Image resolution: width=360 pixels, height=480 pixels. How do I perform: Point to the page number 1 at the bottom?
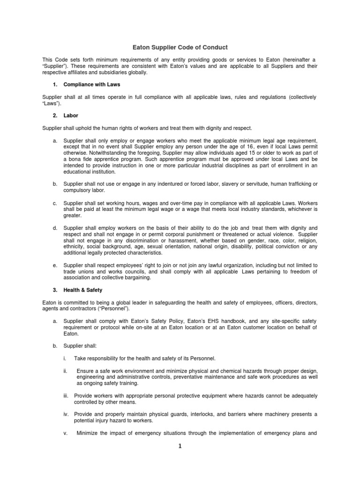pos(180,446)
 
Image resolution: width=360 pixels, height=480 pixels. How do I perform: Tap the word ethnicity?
pos(75,247)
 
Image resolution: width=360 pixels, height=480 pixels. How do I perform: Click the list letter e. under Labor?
pos(55,265)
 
